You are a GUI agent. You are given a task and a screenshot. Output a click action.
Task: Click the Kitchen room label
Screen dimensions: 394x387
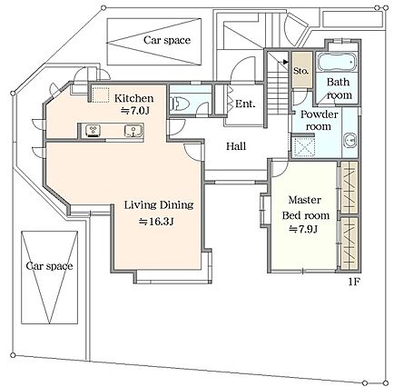tap(133, 98)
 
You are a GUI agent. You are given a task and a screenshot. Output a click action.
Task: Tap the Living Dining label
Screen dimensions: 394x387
tap(159, 205)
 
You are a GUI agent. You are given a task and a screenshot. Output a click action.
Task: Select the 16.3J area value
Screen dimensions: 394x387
tap(156, 222)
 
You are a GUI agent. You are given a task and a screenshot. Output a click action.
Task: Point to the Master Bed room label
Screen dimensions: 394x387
tap(305, 208)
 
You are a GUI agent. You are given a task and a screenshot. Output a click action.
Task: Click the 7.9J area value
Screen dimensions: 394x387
tap(303, 229)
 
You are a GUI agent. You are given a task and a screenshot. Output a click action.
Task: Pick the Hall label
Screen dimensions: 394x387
tap(236, 146)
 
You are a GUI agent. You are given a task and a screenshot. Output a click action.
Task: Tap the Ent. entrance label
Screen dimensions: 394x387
tap(245, 104)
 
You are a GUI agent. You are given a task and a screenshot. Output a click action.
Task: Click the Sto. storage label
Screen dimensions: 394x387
tap(301, 71)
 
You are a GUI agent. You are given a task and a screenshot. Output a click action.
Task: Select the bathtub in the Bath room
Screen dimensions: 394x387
tap(337, 62)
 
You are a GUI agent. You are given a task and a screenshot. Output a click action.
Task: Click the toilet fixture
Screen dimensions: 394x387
tap(180, 104)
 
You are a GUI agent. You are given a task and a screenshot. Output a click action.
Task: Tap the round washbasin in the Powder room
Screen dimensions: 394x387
tap(350, 141)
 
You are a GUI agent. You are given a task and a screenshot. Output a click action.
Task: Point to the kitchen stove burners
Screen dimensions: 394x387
tap(94, 131)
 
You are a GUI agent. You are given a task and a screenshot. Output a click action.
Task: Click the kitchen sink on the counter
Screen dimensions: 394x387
tap(133, 131)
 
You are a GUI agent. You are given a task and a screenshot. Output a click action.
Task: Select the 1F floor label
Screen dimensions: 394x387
tap(353, 283)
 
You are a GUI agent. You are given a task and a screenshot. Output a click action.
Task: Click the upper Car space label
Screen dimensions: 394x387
tap(167, 40)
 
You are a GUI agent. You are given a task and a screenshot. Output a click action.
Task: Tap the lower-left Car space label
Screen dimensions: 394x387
tap(49, 266)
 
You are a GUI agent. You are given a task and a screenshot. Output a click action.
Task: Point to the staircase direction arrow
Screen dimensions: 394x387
tap(285, 62)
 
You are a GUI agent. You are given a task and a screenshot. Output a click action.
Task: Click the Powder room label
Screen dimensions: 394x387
tap(319, 120)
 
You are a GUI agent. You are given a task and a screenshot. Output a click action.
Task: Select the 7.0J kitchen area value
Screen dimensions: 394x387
tap(135, 111)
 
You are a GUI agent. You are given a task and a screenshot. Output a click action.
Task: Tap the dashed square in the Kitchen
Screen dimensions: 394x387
tap(101, 95)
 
